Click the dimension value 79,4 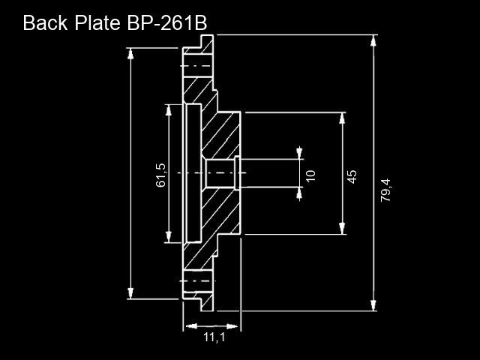click(x=385, y=190)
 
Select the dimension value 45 click(x=352, y=177)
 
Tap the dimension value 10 click(x=310, y=176)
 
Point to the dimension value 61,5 click(x=160, y=175)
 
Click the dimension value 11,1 click(x=214, y=337)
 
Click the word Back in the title click(x=45, y=23)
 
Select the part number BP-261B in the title click(x=167, y=23)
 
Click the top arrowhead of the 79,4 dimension click(x=373, y=40)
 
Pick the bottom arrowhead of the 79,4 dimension click(x=373, y=305)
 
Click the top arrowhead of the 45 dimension click(x=342, y=118)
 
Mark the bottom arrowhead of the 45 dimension click(x=342, y=229)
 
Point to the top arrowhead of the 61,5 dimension click(x=168, y=110)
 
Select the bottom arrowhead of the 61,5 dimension click(x=168, y=237)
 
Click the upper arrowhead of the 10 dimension click(x=299, y=153)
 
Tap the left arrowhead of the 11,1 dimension click(x=191, y=326)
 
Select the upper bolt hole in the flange click(x=198, y=66)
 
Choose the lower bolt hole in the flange click(x=198, y=281)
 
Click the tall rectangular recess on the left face click(x=193, y=173)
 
